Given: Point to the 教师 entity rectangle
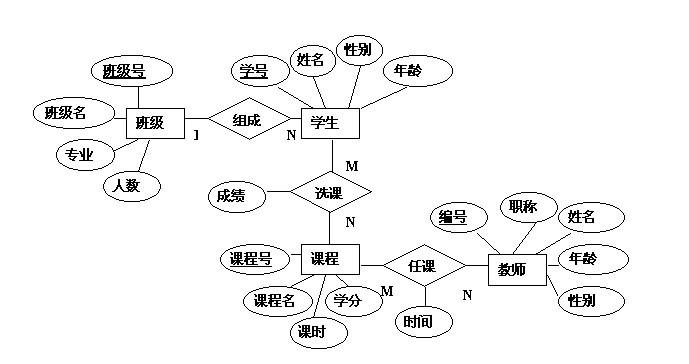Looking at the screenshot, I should tap(518, 268).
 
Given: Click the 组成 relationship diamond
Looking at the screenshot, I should tap(247, 121).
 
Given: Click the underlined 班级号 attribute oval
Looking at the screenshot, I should tap(125, 71).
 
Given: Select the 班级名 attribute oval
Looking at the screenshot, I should tap(67, 113).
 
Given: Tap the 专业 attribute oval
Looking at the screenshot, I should tap(80, 155).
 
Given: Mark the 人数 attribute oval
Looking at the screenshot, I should tap(126, 185).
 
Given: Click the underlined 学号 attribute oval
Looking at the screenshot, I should tap(252, 70).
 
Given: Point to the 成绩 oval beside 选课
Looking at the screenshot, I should tap(235, 196).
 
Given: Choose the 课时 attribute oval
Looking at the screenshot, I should tap(310, 331).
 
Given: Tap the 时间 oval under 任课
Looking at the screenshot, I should tap(418, 321).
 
